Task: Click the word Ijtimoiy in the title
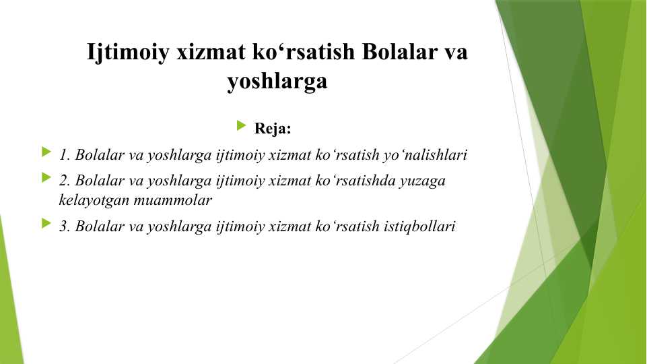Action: point(128,53)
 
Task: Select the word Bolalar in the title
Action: point(400,52)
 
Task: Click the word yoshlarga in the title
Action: point(277,82)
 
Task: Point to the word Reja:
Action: point(273,128)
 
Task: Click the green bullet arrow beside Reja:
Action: point(242,125)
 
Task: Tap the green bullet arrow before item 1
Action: point(46,152)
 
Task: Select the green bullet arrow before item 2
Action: point(46,178)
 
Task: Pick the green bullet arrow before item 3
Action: point(46,224)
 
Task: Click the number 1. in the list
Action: point(65,155)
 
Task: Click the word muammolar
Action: point(173,200)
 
